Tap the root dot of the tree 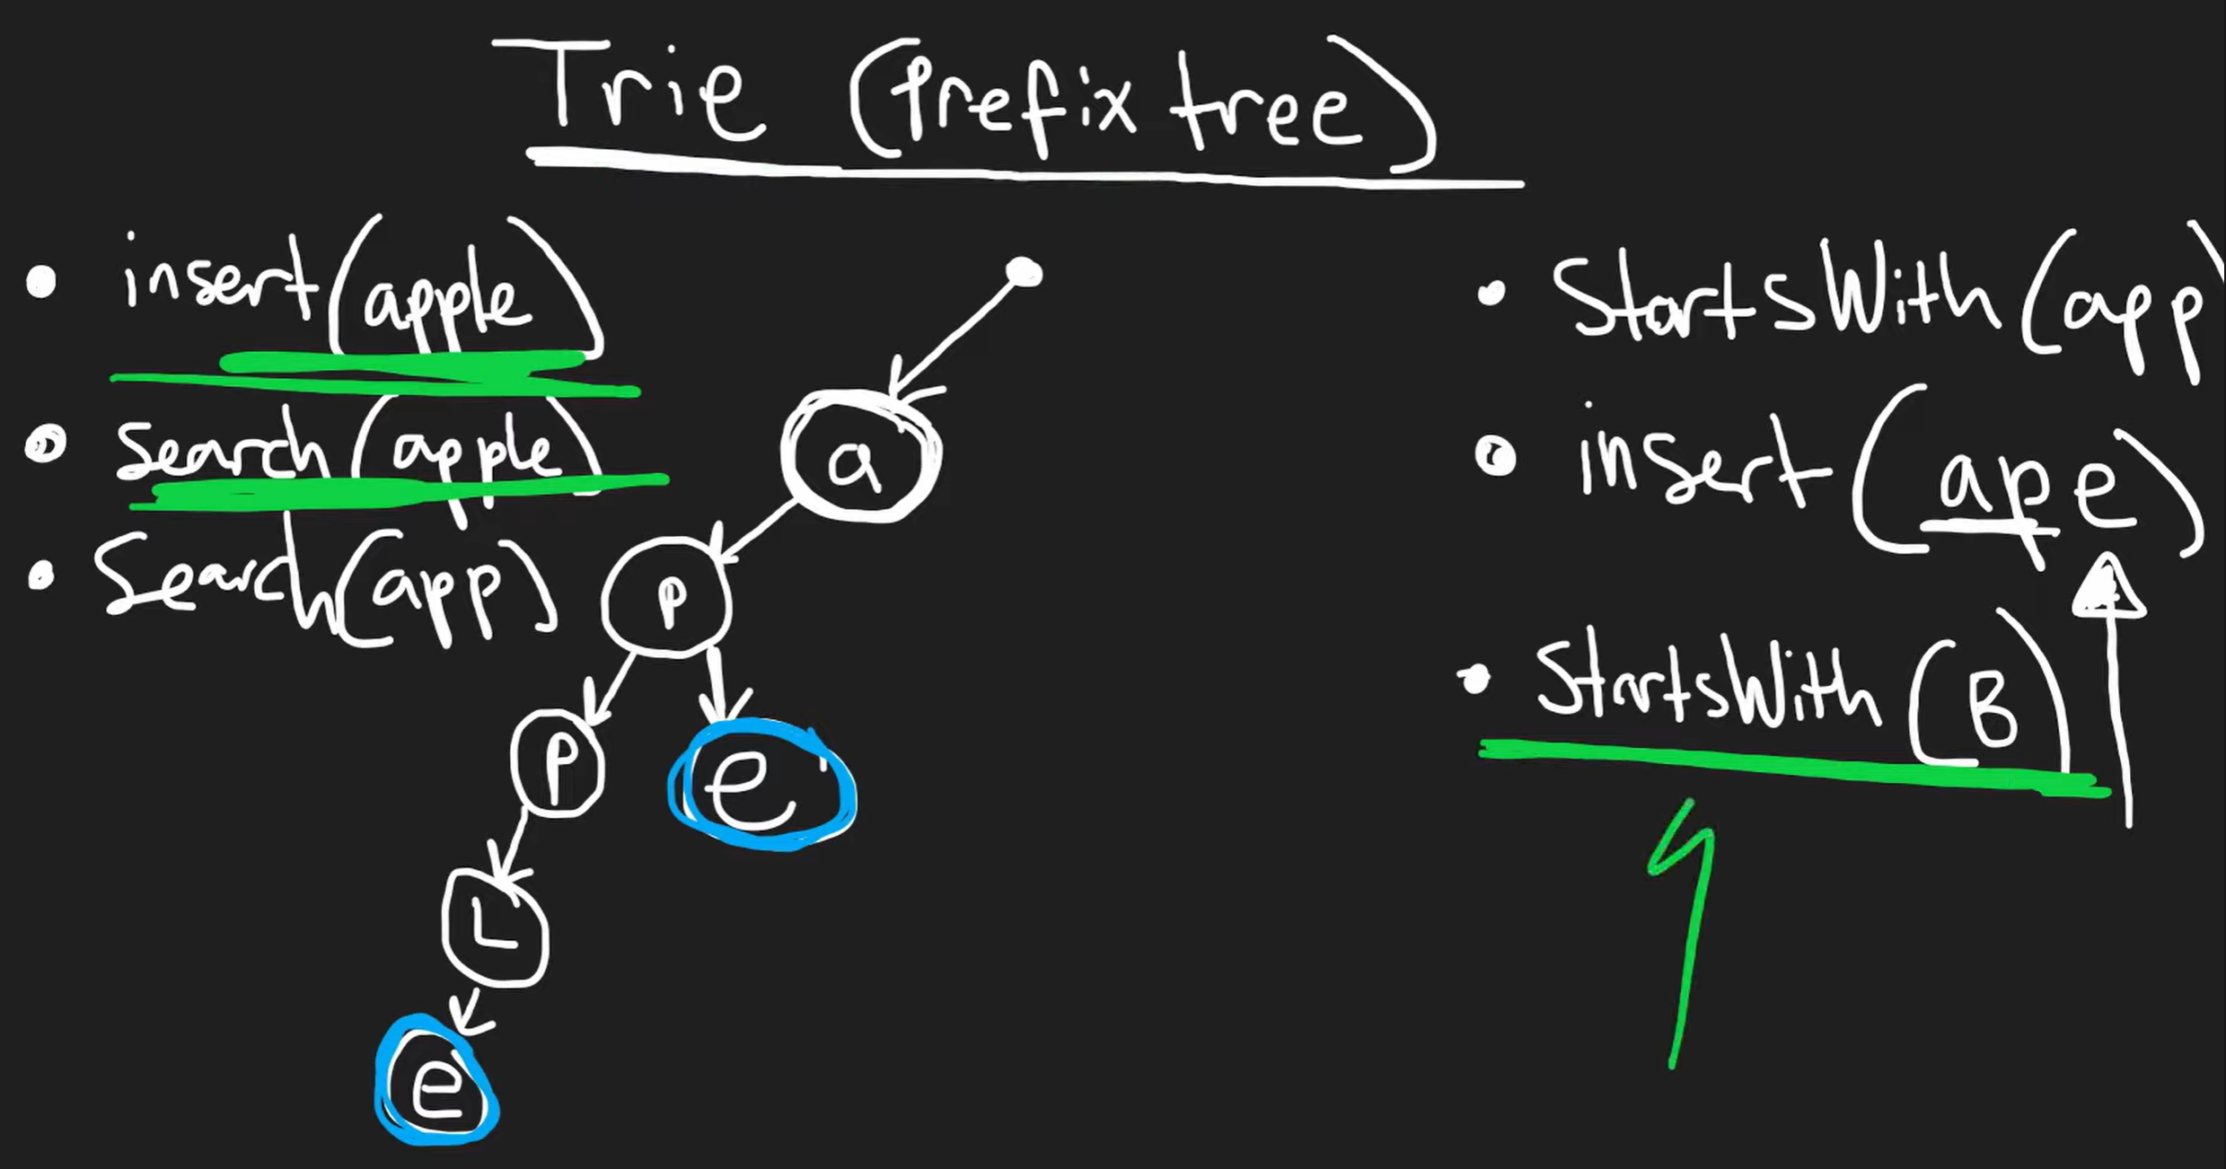click(x=1025, y=271)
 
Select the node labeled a click(x=859, y=458)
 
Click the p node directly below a click(x=667, y=597)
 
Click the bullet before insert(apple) click(x=41, y=282)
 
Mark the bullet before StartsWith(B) click(x=1474, y=683)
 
